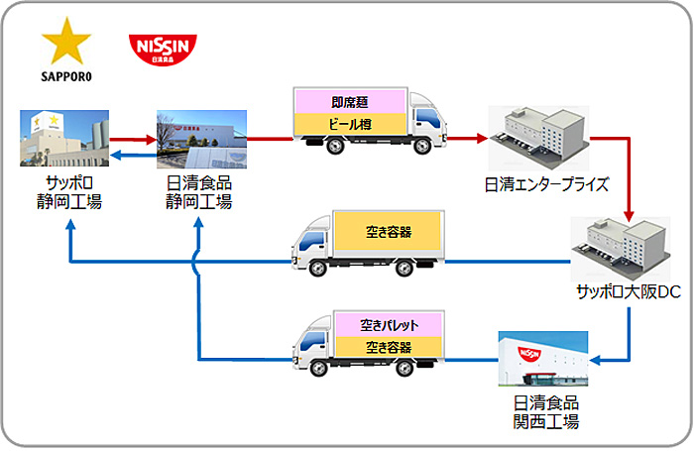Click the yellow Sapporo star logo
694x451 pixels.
(x=65, y=44)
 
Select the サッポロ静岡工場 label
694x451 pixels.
(x=65, y=192)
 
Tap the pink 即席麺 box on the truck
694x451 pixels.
(x=350, y=101)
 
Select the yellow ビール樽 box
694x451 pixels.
(x=350, y=123)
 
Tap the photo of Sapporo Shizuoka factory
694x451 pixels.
(x=65, y=139)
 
